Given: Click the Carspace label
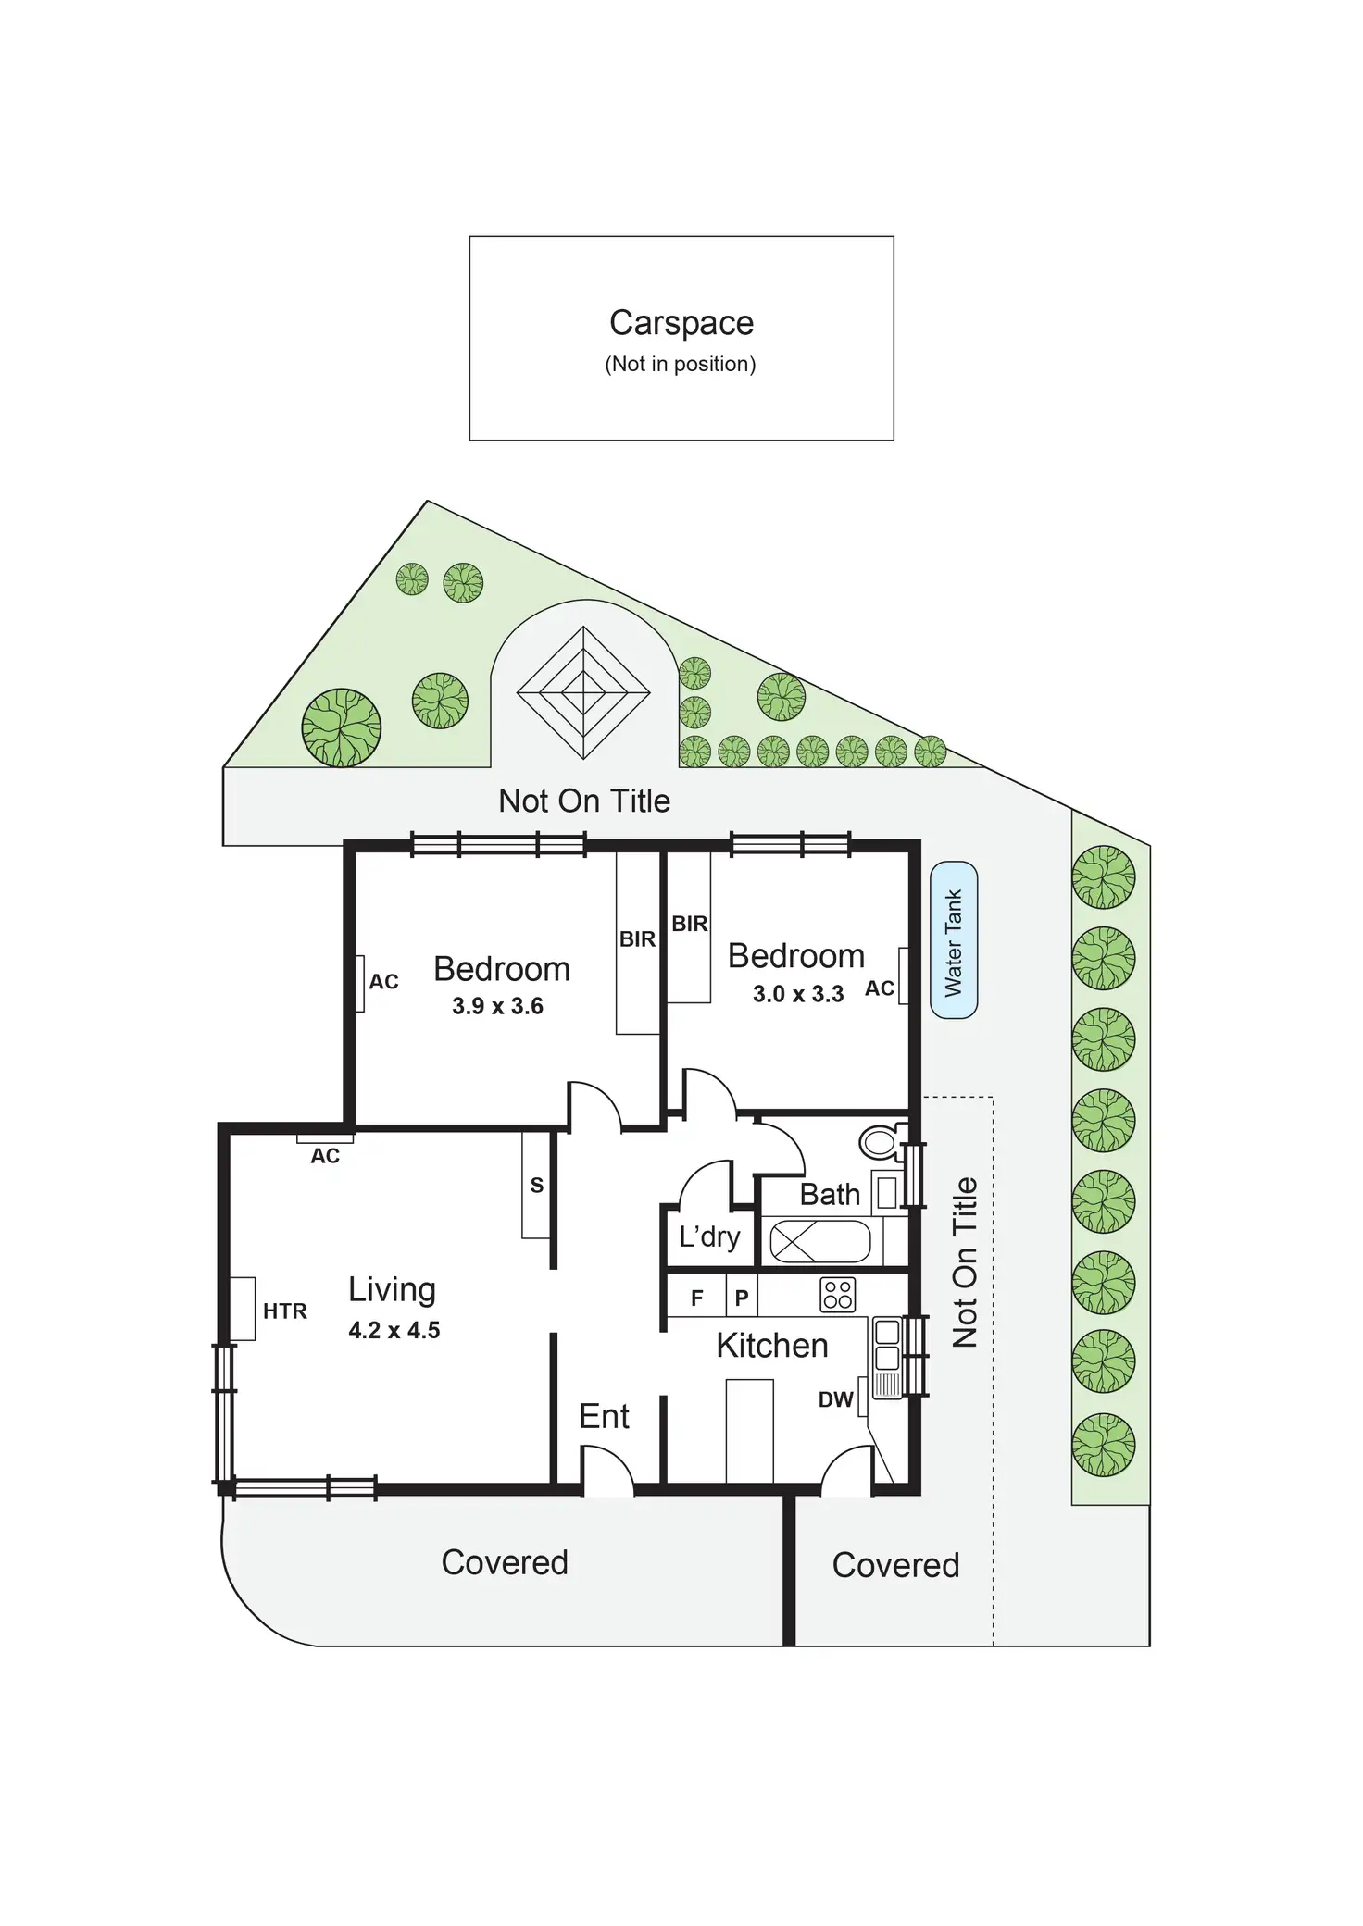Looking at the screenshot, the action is [x=681, y=323].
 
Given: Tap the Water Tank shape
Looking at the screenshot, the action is [x=954, y=940].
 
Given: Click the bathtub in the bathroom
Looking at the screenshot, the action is [x=819, y=1242].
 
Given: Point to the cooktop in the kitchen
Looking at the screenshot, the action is [x=837, y=1295].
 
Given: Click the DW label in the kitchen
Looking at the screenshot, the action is [x=835, y=1399].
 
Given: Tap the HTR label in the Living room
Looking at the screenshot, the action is [x=284, y=1311].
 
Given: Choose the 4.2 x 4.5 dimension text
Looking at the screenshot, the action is [x=394, y=1330].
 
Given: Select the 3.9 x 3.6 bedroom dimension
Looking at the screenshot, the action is [x=497, y=1006].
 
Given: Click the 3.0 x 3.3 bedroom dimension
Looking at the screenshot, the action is [x=797, y=994].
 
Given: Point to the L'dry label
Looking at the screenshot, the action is [x=709, y=1237].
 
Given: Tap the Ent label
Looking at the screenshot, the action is [x=604, y=1416].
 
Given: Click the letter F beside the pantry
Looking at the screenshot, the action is [x=697, y=1298].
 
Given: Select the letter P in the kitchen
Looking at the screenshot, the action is [x=741, y=1298].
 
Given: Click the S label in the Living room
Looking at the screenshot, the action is [x=536, y=1185].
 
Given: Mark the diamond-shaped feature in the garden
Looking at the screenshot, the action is [x=583, y=692].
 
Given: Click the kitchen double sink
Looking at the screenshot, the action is [x=887, y=1345].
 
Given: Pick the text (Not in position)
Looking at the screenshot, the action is [x=681, y=364].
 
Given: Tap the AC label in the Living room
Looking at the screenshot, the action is [x=325, y=1155].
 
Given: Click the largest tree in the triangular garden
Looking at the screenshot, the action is [x=341, y=727].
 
